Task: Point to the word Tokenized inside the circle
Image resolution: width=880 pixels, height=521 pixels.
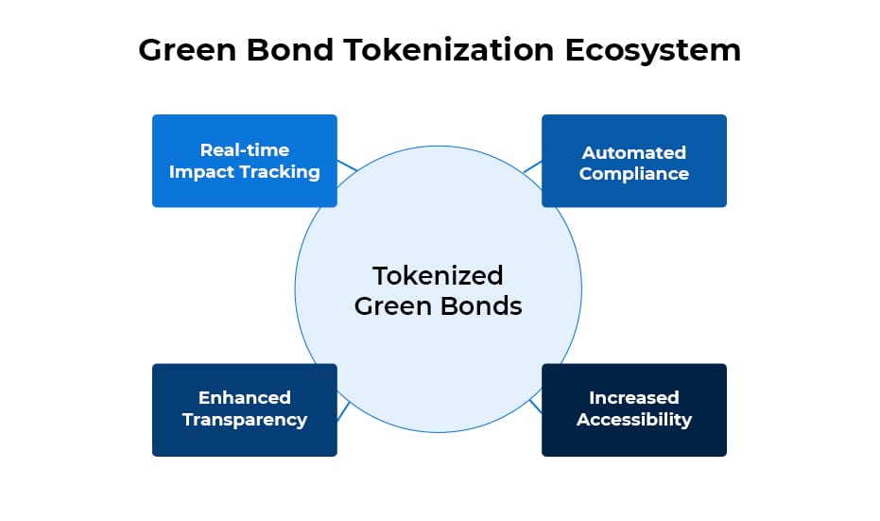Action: (x=438, y=275)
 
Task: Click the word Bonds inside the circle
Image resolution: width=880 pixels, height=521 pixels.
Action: (x=484, y=306)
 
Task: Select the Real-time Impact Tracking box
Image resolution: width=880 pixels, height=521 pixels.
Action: (x=244, y=161)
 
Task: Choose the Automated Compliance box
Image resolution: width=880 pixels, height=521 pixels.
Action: (x=633, y=161)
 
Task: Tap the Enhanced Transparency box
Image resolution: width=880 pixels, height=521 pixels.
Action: (x=244, y=409)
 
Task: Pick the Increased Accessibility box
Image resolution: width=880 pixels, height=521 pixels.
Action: (x=633, y=409)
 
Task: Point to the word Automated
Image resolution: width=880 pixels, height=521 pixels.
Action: (x=633, y=151)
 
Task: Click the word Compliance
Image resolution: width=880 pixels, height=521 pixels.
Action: (x=633, y=173)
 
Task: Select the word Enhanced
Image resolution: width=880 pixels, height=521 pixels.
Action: (x=244, y=398)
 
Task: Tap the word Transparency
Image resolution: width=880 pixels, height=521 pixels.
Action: (x=244, y=420)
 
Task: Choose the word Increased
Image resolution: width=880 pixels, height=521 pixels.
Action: (x=633, y=398)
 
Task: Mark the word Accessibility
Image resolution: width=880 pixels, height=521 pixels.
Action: (x=633, y=420)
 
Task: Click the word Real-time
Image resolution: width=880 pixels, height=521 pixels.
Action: (x=244, y=149)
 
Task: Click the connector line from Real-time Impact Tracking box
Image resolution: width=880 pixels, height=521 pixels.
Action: (x=347, y=166)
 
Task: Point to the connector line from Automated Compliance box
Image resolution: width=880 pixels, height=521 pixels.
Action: (x=532, y=167)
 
